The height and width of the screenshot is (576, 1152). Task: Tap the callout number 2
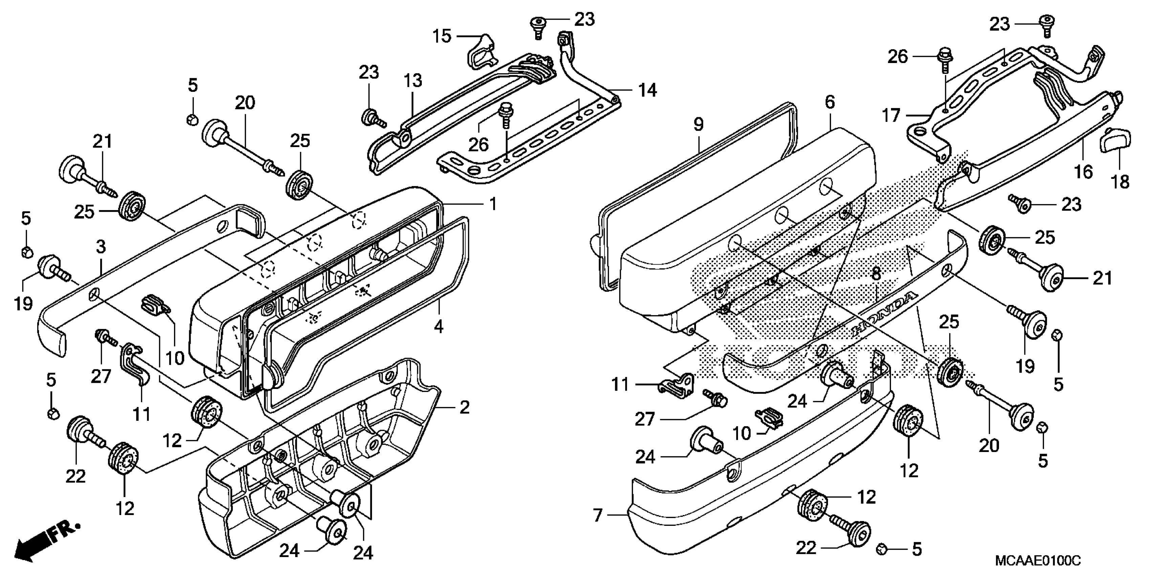click(x=465, y=407)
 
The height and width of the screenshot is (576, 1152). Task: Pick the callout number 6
click(x=830, y=102)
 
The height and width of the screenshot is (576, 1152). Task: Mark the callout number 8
click(x=876, y=274)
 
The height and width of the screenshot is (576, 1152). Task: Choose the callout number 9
click(x=698, y=124)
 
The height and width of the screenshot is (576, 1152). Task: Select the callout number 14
click(x=647, y=90)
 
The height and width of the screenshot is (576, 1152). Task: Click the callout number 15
click(x=442, y=36)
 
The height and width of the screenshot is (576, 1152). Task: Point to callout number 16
click(x=1083, y=171)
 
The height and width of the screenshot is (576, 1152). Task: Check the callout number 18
click(x=1121, y=182)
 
